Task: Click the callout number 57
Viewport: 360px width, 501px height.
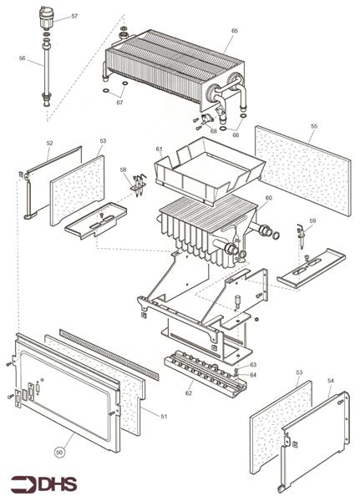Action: (x=74, y=17)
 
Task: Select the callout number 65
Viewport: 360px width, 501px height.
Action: (x=235, y=30)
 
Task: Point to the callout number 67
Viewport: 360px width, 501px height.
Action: (x=119, y=103)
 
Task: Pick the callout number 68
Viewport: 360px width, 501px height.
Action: (x=213, y=130)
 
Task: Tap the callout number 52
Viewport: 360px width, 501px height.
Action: (x=49, y=144)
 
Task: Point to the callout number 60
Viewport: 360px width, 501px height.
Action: (x=268, y=198)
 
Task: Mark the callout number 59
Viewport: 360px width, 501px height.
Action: (x=312, y=220)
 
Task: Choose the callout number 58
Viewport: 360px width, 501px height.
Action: (x=124, y=170)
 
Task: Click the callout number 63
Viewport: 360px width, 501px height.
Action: (x=252, y=365)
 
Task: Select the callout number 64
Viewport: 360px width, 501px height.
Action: (x=252, y=375)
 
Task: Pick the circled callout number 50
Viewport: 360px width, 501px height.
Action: (x=58, y=452)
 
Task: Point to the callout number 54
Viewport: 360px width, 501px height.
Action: (x=330, y=380)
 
